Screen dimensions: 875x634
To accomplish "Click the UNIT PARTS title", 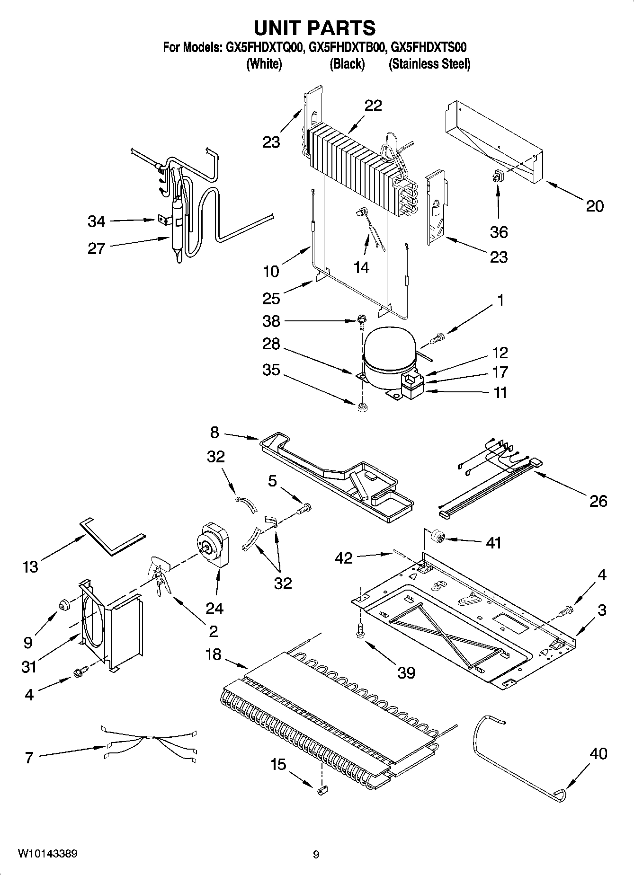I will point(315,28).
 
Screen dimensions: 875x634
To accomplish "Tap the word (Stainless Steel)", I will point(429,64).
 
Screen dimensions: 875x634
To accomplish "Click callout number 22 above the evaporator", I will point(373,106).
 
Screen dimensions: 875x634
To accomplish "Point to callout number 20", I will point(595,206).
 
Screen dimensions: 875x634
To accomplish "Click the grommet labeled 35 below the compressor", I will point(362,406).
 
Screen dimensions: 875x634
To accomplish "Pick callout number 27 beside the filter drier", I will point(96,248).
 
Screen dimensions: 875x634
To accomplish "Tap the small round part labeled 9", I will point(63,606).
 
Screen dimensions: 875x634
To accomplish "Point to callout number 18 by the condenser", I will point(214,654).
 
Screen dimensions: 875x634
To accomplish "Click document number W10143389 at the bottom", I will point(47,853).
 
